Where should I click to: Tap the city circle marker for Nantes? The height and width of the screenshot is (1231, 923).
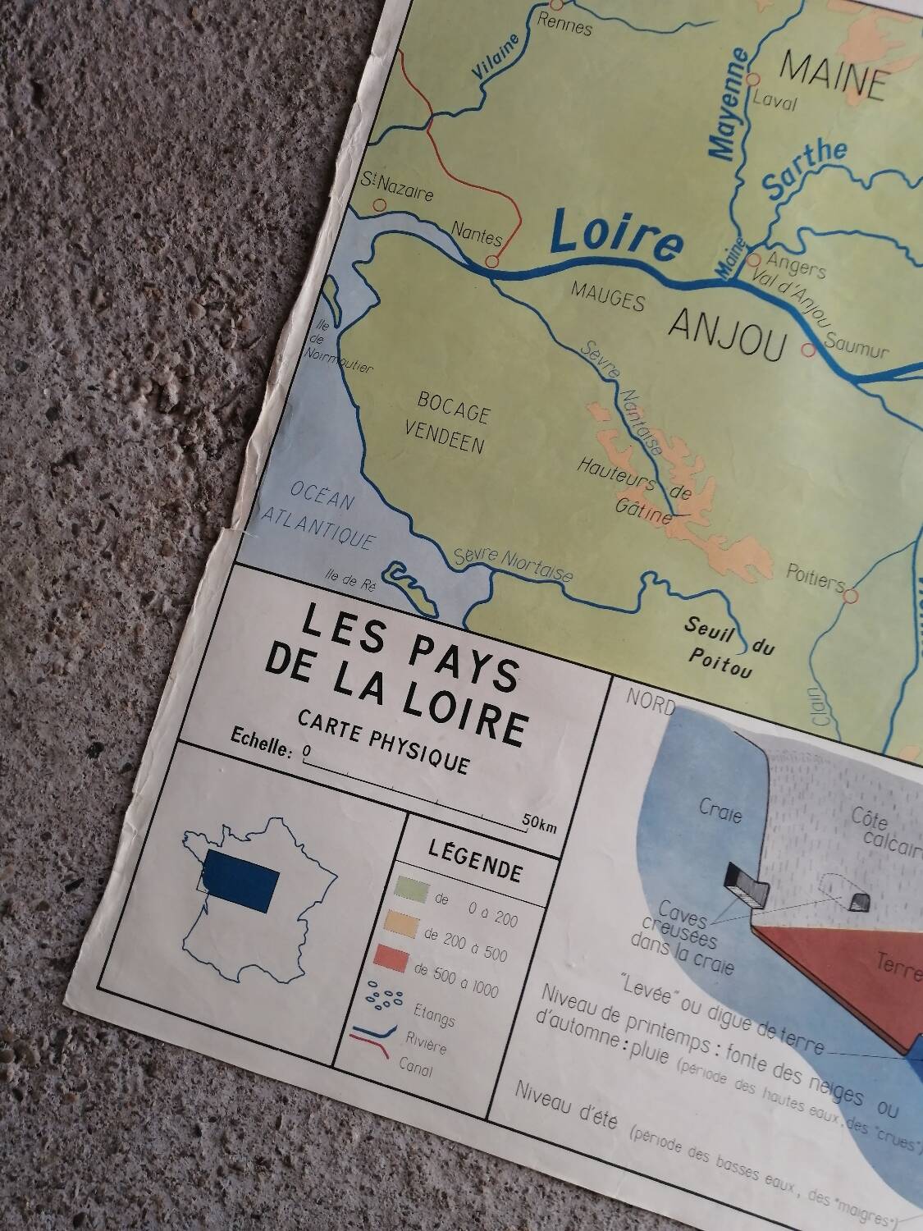point(491,262)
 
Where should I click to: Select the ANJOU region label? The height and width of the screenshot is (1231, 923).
point(728,336)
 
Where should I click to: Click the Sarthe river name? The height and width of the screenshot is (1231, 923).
point(805,169)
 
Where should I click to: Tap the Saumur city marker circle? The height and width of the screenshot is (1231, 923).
point(808,351)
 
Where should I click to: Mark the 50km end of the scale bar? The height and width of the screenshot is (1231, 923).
point(537,823)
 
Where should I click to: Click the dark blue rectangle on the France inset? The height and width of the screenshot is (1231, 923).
point(241,879)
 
